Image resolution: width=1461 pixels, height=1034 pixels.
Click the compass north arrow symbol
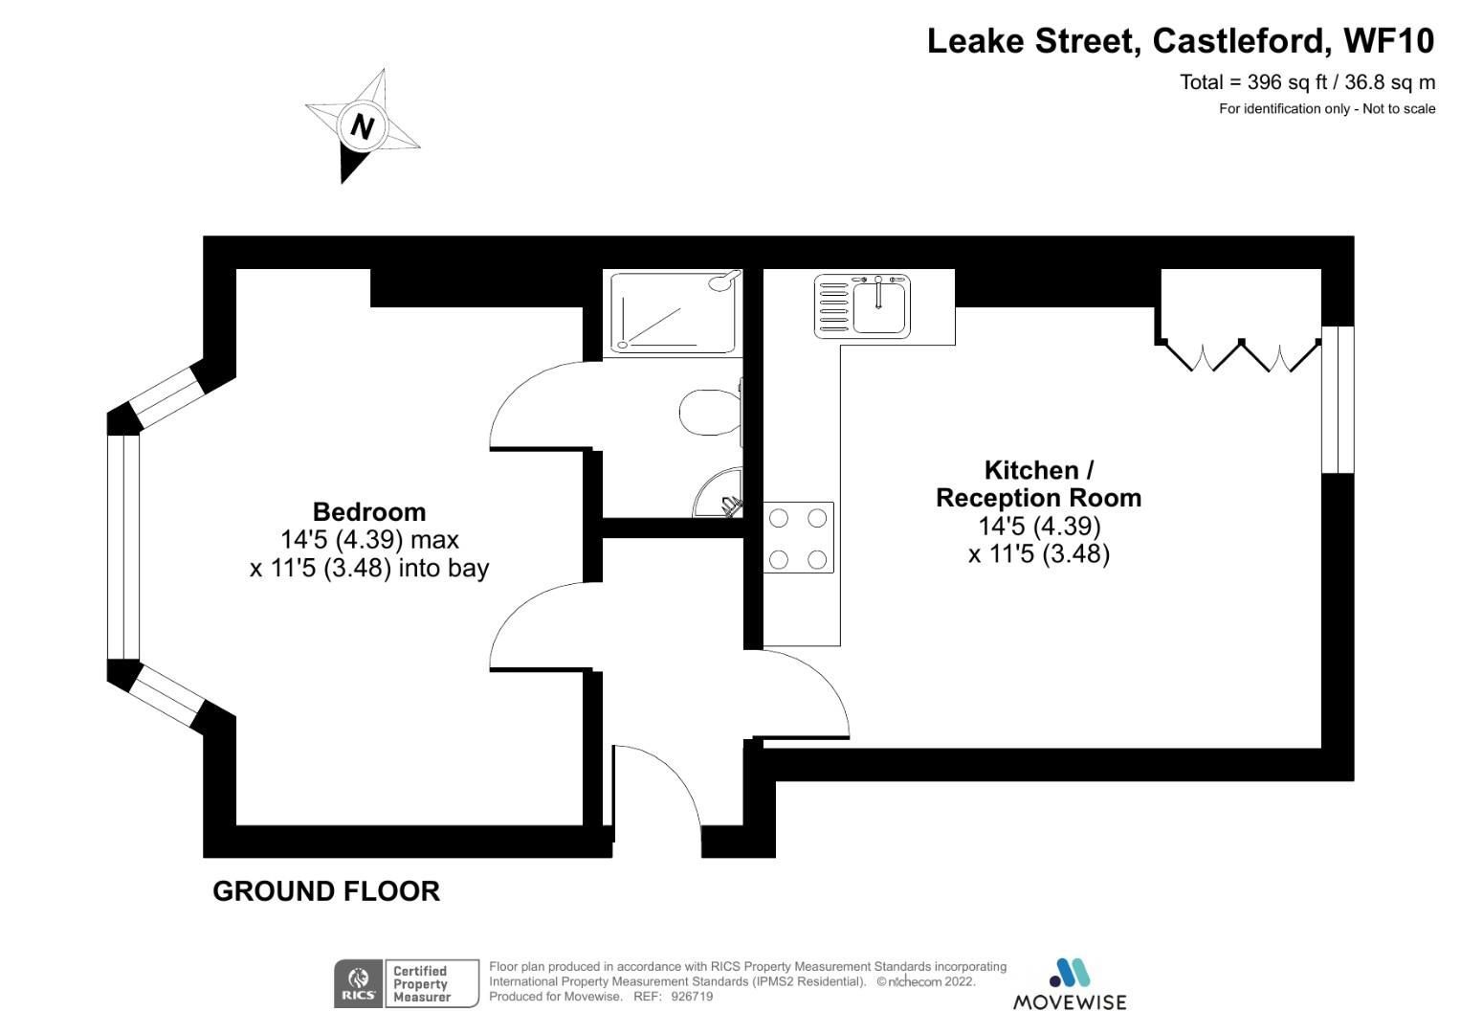[362, 125]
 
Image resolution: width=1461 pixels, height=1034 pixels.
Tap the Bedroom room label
[368, 511]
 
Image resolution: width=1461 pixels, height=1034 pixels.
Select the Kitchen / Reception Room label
[1038, 483]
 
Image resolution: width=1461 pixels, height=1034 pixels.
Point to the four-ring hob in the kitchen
[798, 537]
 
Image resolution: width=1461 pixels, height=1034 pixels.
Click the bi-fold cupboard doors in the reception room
[1240, 355]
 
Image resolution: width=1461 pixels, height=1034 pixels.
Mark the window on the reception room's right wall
[1338, 399]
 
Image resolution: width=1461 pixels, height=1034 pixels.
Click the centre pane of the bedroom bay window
[123, 547]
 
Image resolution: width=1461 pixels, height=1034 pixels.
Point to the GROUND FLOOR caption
[326, 891]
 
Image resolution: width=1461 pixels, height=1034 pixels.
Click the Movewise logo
[1070, 983]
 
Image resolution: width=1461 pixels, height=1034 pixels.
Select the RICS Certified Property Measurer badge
[406, 983]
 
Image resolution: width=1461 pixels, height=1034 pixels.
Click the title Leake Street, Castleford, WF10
[1181, 41]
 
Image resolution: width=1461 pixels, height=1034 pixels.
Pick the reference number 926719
[693, 997]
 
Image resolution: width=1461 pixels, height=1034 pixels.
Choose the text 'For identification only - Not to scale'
[1326, 109]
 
